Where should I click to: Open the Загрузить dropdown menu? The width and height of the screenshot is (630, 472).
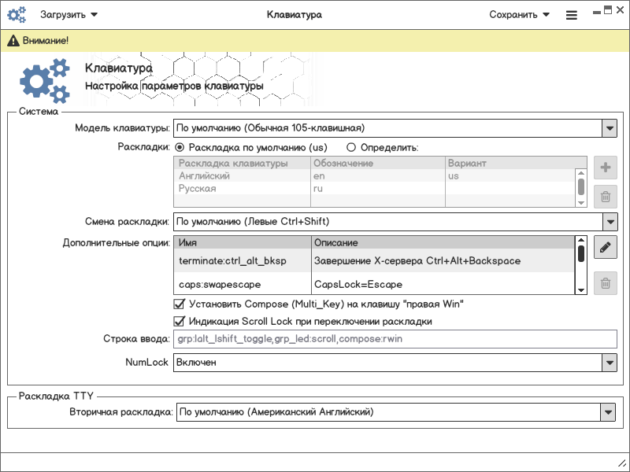(x=69, y=14)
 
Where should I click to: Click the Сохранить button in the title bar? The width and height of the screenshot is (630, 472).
(x=518, y=14)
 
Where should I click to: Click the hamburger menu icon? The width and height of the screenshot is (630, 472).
(x=572, y=15)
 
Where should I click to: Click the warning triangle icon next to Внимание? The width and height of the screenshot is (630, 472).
(x=13, y=40)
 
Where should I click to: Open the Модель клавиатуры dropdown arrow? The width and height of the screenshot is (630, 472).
(x=609, y=127)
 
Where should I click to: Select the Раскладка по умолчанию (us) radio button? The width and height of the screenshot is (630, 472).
(x=180, y=147)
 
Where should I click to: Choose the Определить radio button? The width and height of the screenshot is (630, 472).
(x=351, y=147)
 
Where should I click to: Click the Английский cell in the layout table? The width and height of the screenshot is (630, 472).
(x=205, y=176)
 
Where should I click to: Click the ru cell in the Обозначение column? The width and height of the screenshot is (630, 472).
(x=318, y=189)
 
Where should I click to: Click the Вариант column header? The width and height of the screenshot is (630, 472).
(x=467, y=163)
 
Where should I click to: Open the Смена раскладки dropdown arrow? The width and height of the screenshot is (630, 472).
(x=609, y=222)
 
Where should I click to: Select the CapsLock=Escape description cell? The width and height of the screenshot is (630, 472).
(x=358, y=283)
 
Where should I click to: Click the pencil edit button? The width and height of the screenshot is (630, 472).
(x=605, y=247)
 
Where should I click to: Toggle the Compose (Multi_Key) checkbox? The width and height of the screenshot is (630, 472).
(x=179, y=304)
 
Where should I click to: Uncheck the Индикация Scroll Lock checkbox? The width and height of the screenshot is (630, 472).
(x=179, y=321)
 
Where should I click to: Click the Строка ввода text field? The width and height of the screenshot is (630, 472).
(x=394, y=339)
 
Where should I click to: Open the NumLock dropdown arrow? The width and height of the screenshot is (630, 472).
(x=609, y=363)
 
